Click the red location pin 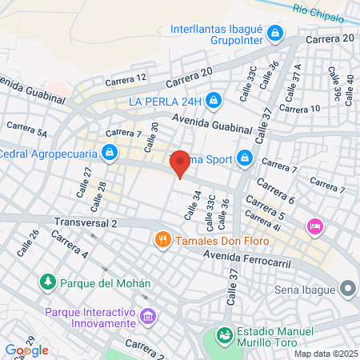pyautogui.click(x=181, y=163)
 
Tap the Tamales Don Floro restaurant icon pyautogui.click(x=162, y=239)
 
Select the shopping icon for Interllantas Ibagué pyautogui.click(x=275, y=33)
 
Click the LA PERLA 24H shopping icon pyautogui.click(x=213, y=102)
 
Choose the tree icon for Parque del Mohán pyautogui.click(x=47, y=282)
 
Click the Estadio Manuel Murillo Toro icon pyautogui.click(x=226, y=335)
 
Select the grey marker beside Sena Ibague pyautogui.click(x=346, y=287)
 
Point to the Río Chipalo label pyautogui.click(x=318, y=11)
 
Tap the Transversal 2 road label pyautogui.click(x=86, y=222)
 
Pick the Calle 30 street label pyautogui.click(x=150, y=137)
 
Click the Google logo pyautogui.click(x=26, y=350)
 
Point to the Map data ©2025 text pyautogui.click(x=324, y=354)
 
